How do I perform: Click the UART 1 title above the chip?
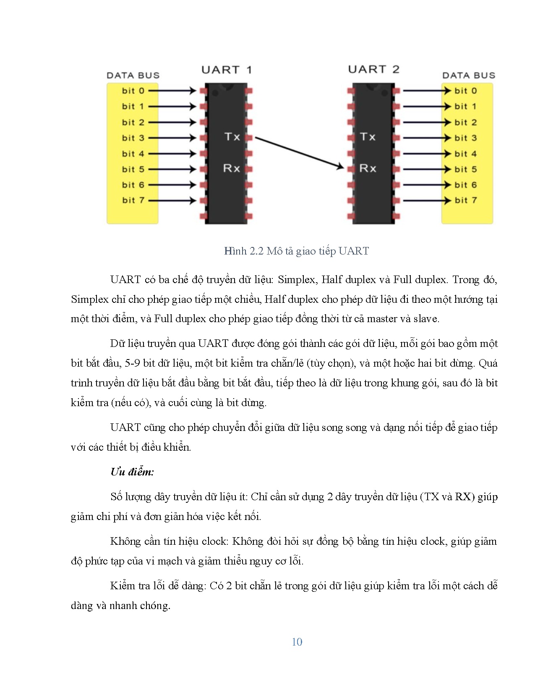tap(226, 70)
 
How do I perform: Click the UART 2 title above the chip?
tap(373, 69)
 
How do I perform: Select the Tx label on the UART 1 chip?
tap(232, 136)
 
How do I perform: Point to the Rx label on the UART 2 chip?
tap(368, 168)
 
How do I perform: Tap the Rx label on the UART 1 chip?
tap(232, 168)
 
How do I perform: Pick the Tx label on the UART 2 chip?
tap(368, 136)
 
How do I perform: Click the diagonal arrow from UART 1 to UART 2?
tap(299, 153)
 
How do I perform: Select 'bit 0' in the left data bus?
tap(133, 91)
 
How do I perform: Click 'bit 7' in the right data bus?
tap(466, 200)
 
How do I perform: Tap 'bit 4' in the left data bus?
tap(133, 154)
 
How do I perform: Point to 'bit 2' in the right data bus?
tap(466, 122)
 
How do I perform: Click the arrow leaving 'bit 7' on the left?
tap(172, 200)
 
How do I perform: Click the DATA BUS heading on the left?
tap(133, 76)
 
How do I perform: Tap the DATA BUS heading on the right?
tap(469, 76)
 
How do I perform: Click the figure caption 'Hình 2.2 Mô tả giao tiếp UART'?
tap(296, 251)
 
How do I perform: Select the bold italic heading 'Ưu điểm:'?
tap(132, 472)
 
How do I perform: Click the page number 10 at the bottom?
tap(297, 642)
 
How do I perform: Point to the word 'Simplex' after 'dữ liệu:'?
tap(296, 280)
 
